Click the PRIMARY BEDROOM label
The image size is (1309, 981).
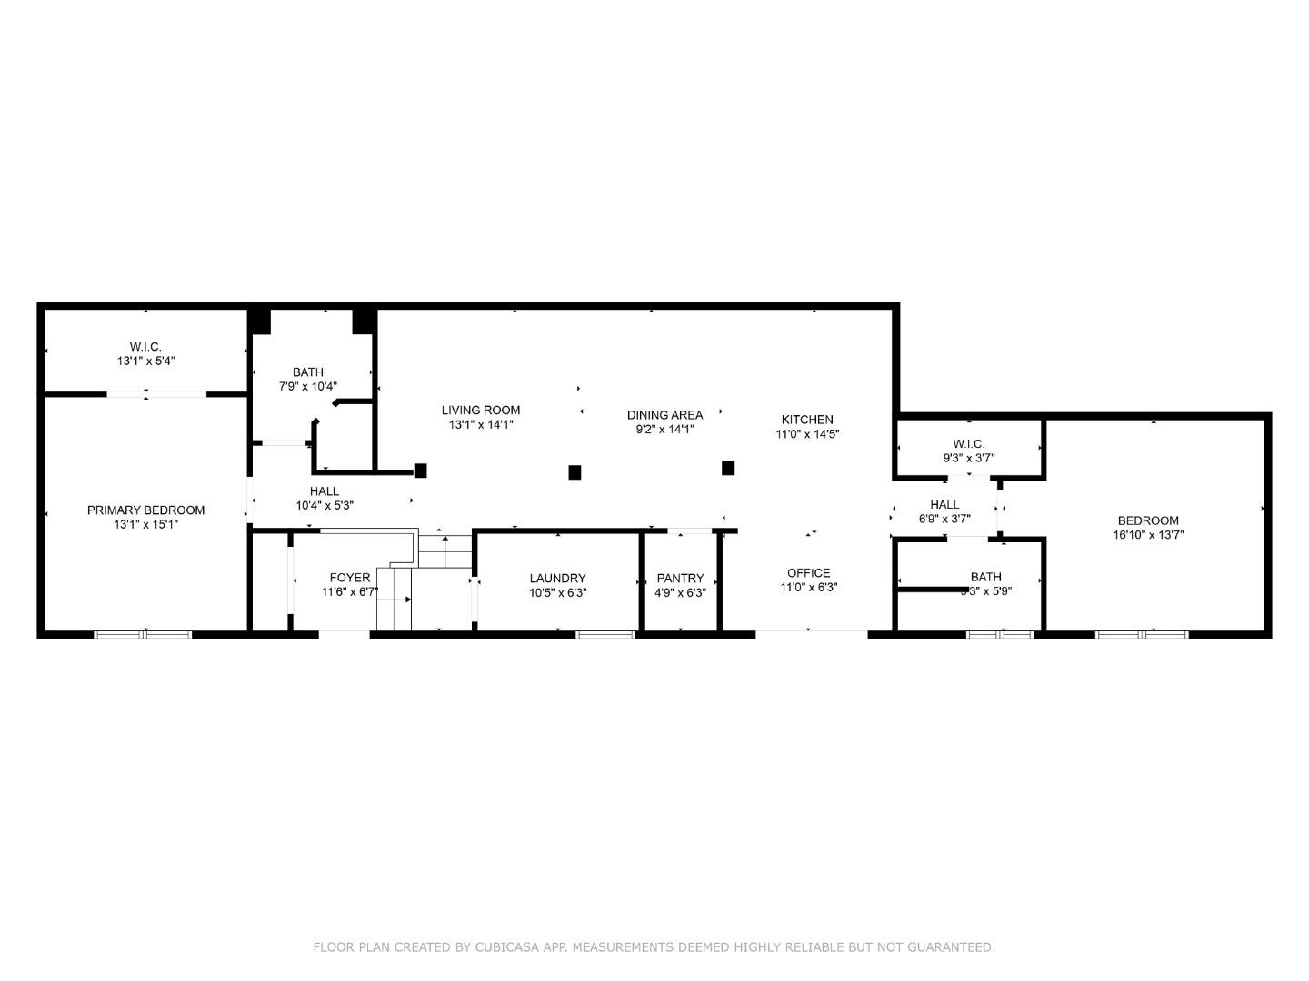145,510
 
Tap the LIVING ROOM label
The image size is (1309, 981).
481,411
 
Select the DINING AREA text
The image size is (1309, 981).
664,415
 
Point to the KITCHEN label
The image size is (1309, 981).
807,420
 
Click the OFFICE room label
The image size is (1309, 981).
808,573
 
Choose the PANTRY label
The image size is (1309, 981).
680,579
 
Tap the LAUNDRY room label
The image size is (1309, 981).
557,579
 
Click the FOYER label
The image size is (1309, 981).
349,578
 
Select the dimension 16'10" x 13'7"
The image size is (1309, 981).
1148,535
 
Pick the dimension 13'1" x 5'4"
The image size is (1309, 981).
145,361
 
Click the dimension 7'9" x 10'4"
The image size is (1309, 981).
308,386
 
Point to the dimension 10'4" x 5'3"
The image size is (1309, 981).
325,505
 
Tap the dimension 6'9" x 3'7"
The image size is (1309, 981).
944,519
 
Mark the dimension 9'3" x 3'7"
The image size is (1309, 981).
968,459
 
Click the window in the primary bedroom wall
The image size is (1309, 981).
144,634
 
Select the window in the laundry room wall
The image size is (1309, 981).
605,634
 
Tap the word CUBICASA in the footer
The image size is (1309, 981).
503,947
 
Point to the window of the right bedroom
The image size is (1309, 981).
1142,634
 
